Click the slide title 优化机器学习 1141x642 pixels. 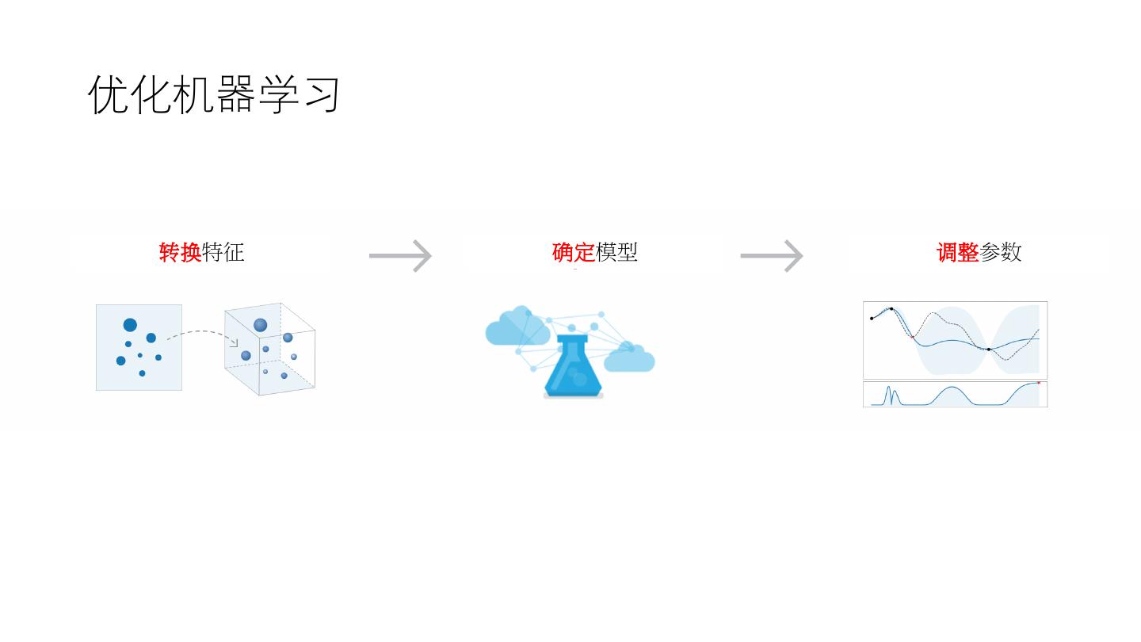point(215,94)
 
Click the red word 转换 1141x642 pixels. point(181,253)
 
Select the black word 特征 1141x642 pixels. point(223,253)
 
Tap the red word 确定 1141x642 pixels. point(574,253)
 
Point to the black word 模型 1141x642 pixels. point(617,253)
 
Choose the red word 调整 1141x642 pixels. point(958,253)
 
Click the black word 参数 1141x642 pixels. point(1002,253)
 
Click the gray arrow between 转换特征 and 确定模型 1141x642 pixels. point(400,256)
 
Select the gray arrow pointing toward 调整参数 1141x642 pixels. point(772,256)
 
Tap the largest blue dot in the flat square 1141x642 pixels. point(130,325)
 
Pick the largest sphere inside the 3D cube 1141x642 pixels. point(261,325)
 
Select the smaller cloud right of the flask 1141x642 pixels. point(630,358)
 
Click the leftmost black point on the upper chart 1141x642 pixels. point(872,319)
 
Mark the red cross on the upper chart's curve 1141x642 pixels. point(912,337)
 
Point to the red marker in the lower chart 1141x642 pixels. point(1039,383)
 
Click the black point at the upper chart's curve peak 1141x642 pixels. point(891,309)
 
